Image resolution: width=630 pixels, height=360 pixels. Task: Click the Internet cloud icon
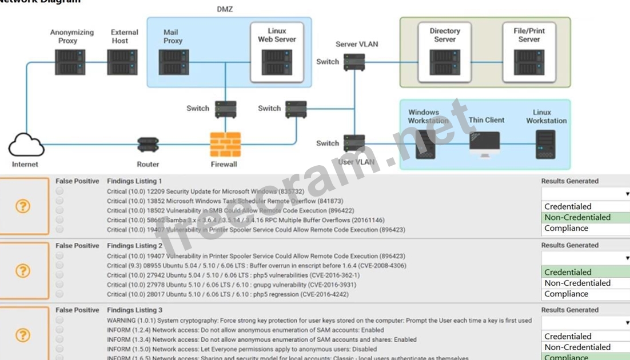tap(26, 145)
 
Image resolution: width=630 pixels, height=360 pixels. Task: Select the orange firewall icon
tap(225, 145)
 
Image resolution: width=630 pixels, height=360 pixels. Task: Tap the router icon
tap(148, 145)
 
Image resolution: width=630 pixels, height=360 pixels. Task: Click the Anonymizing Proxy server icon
tap(70, 62)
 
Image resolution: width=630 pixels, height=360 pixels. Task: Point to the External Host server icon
tap(122, 62)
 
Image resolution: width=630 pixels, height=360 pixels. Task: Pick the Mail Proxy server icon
tap(174, 62)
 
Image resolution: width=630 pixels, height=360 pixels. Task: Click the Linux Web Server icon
tap(277, 62)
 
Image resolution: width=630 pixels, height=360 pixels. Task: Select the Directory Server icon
tap(445, 62)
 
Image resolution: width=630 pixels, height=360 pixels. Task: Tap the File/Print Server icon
tap(529, 62)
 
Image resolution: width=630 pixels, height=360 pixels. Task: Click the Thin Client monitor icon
tap(485, 145)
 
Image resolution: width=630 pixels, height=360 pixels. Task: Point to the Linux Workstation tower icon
tap(545, 145)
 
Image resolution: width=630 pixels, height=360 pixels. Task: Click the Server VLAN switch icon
tap(354, 62)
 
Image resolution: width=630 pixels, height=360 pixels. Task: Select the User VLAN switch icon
tap(354, 143)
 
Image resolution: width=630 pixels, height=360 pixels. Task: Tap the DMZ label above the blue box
tap(225, 9)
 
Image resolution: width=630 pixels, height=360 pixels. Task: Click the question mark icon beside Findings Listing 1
tap(23, 206)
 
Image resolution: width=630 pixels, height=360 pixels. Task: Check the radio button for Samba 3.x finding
tap(60, 220)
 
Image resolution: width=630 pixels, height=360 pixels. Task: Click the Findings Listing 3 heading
tap(134, 310)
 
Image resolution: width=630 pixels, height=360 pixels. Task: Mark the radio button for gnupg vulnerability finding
tap(60, 285)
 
